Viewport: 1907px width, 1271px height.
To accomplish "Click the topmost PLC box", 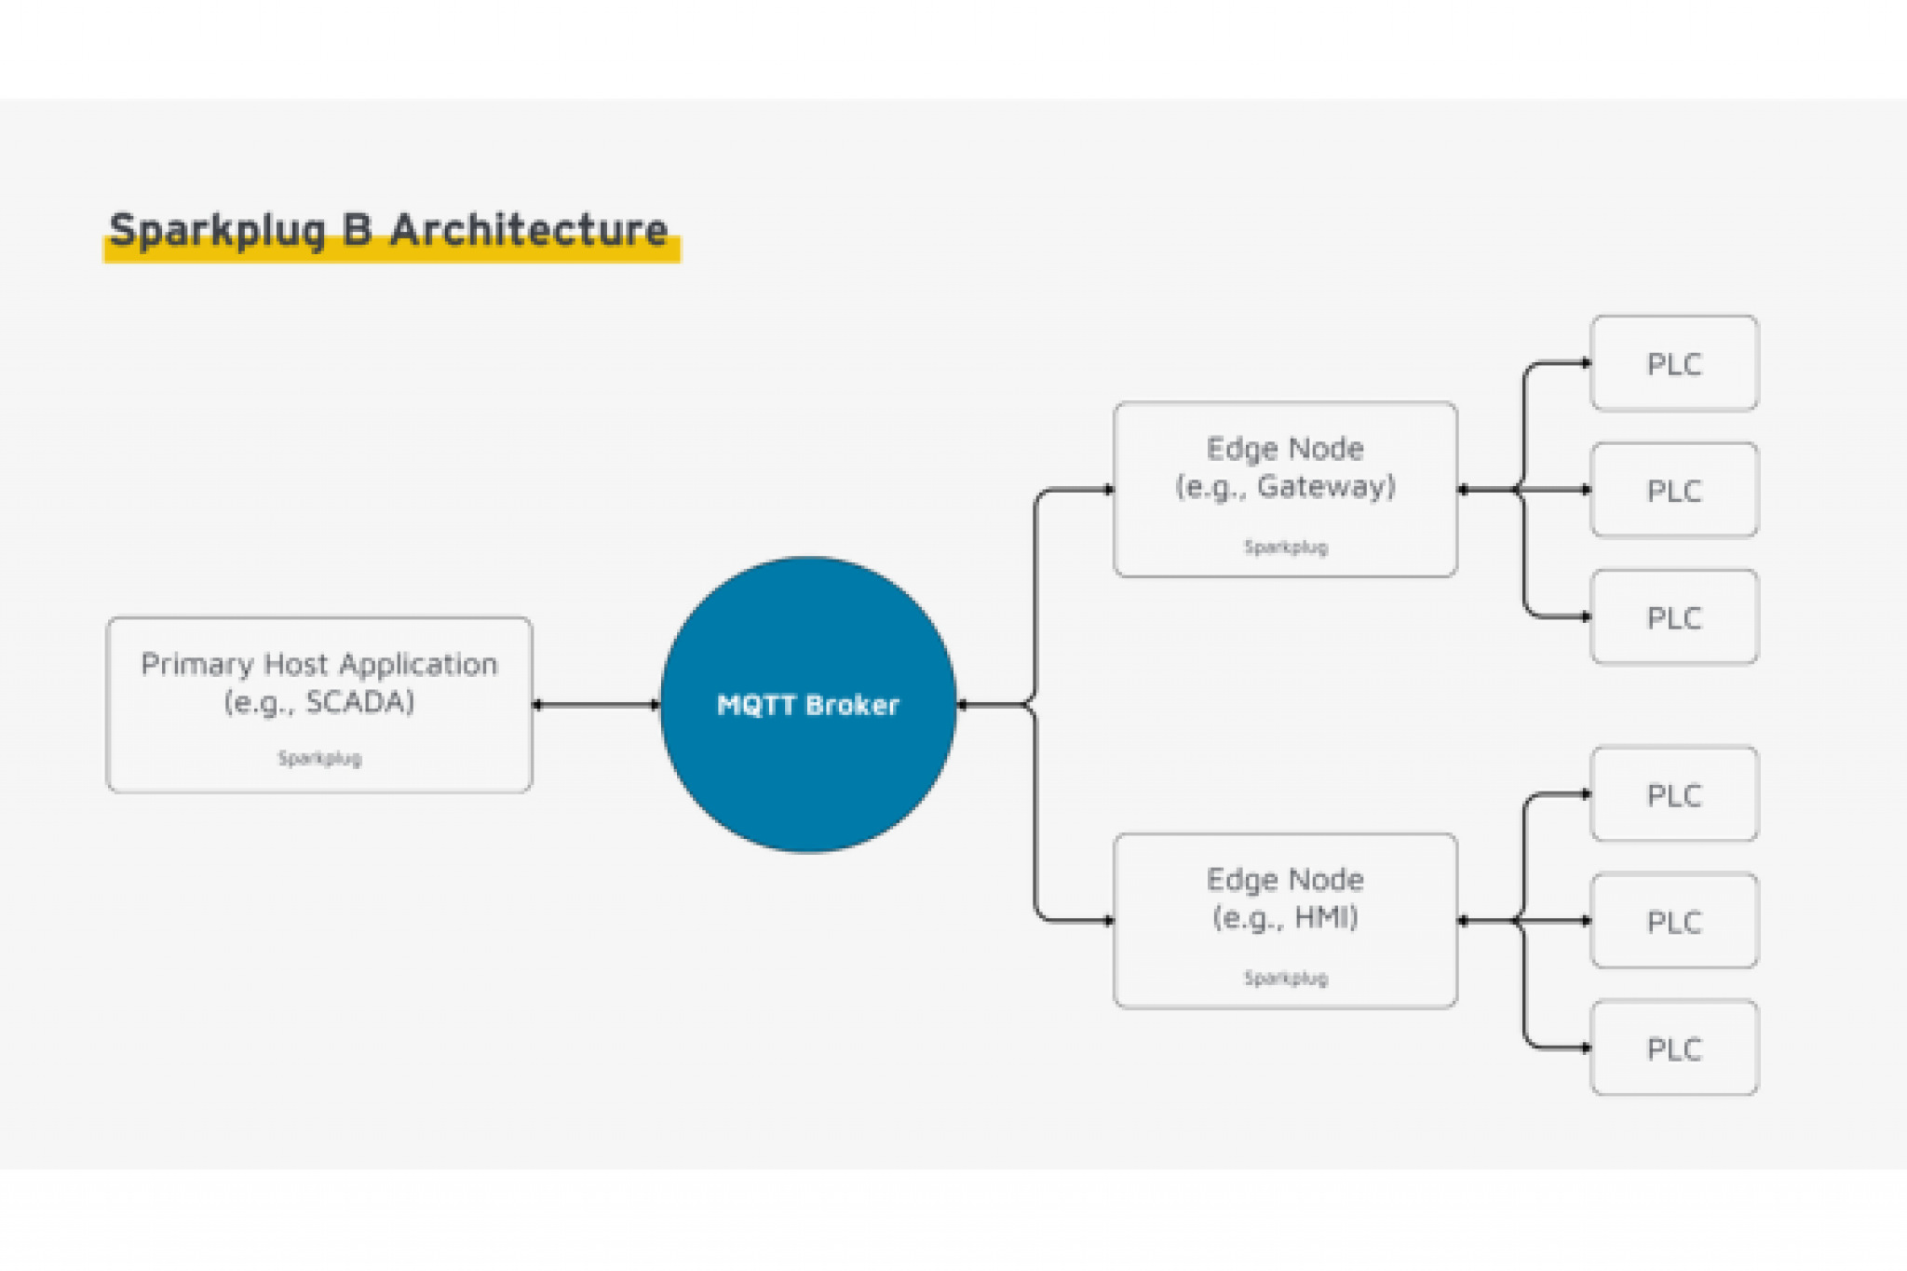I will (1674, 363).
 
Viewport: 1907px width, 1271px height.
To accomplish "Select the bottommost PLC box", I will (1674, 1048).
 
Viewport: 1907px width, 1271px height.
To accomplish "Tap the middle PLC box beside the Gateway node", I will (1674, 491).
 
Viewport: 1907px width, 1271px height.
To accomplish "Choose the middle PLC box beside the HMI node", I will (1674, 922).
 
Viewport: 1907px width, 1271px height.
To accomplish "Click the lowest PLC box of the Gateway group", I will (1674, 617).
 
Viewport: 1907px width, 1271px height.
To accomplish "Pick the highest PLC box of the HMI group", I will (1674, 794).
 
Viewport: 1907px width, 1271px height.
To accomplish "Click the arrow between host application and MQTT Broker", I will (596, 705).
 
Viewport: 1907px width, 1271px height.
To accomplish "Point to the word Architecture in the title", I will (528, 229).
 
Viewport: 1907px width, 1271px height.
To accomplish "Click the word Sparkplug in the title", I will (218, 230).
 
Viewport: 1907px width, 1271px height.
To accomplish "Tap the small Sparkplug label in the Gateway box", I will (1285, 547).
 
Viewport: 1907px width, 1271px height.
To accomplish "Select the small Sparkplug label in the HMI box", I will (1285, 978).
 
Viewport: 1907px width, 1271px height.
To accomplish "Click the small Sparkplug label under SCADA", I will (319, 758).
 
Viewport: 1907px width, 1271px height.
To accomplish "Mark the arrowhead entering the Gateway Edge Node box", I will (1108, 489).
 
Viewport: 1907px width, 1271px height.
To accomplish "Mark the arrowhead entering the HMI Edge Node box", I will (1108, 921).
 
